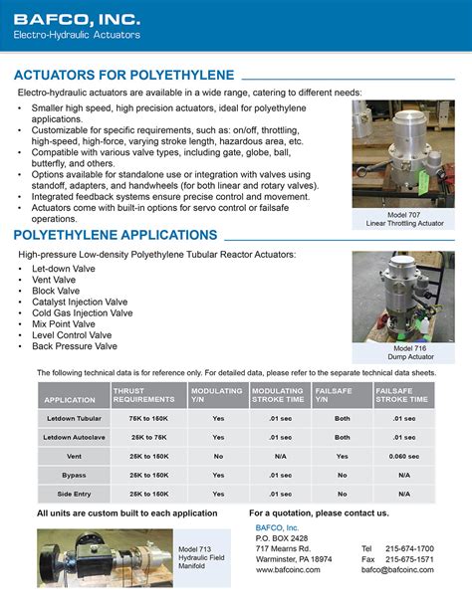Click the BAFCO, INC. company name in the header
77,18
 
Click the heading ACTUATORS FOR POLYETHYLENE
124,75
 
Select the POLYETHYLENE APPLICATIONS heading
116,235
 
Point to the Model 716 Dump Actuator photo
402,296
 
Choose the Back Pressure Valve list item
75,346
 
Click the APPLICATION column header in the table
69,400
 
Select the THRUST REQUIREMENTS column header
143,395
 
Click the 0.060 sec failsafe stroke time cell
403,456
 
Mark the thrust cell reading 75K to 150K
148,419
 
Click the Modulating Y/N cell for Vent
218,456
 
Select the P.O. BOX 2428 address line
282,537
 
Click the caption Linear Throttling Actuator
404,224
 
